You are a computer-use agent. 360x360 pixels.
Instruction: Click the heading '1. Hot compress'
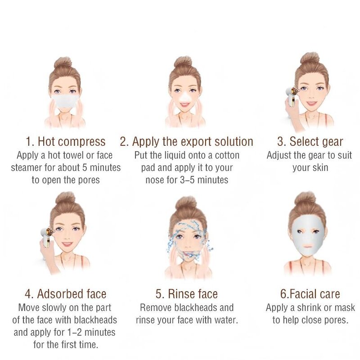(65, 142)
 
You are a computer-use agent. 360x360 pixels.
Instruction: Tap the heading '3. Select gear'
(310, 142)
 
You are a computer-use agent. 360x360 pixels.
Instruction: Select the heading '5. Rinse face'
(187, 294)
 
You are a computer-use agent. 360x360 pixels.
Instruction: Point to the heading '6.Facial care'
(310, 294)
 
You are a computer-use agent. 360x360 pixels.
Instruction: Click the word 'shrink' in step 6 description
(310, 308)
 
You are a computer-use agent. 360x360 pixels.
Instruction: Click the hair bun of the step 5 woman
(186, 202)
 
